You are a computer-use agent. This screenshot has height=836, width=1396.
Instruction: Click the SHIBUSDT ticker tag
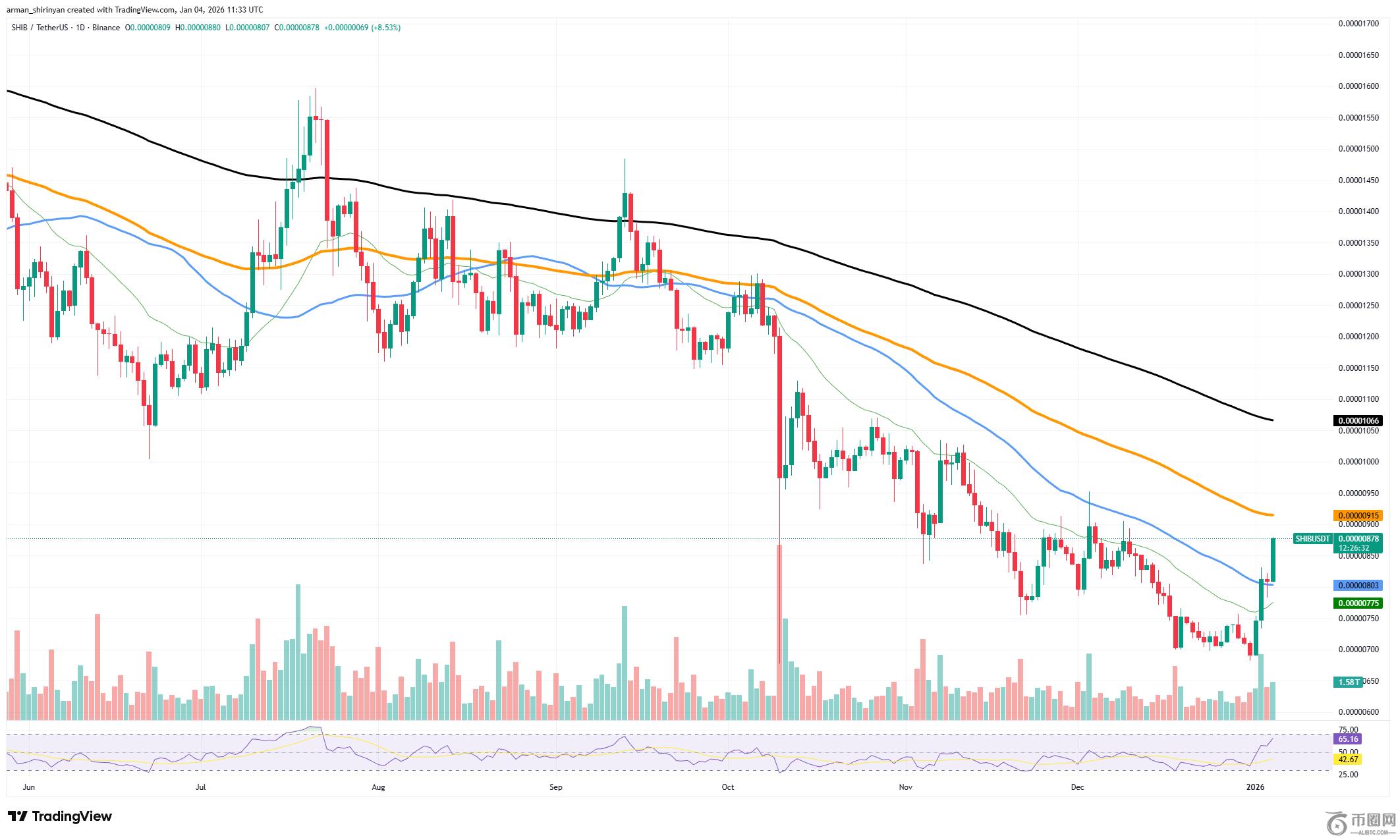tap(1312, 538)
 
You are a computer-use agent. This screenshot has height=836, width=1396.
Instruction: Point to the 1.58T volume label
tap(1349, 682)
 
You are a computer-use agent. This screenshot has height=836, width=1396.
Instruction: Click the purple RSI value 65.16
tap(1348, 739)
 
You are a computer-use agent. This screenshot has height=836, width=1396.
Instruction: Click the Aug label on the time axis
tap(378, 787)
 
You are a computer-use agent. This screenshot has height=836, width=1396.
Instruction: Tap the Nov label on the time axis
tap(905, 787)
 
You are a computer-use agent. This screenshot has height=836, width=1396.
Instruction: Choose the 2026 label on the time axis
tap(1255, 787)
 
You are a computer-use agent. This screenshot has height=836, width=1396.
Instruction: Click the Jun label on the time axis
tap(28, 787)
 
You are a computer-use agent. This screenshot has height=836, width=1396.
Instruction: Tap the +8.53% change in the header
tap(386, 28)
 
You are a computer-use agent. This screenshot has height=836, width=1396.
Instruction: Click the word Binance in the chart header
tap(105, 28)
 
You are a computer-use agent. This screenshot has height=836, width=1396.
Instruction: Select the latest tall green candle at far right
tap(1273, 559)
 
